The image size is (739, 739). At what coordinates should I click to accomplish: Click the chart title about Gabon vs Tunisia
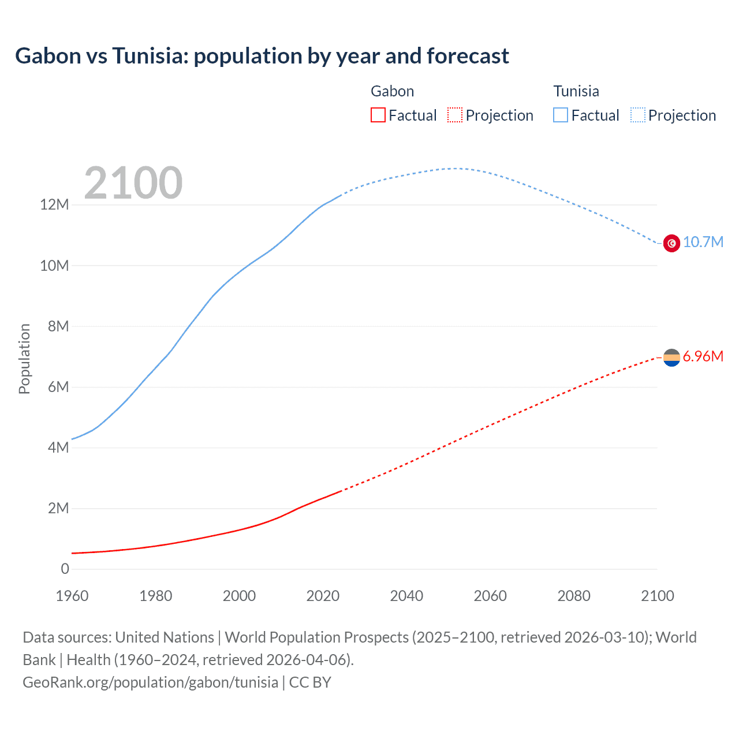click(x=262, y=56)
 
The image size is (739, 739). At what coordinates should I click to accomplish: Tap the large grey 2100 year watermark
click(x=133, y=183)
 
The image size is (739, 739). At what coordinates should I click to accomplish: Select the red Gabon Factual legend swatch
click(x=378, y=115)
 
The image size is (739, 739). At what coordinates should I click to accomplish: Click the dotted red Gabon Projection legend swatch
click(x=455, y=115)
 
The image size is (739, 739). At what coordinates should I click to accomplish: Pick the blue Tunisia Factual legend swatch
click(x=560, y=115)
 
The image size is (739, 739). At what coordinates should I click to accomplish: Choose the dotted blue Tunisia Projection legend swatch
click(x=637, y=115)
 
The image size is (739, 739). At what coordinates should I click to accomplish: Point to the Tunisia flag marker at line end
click(x=671, y=243)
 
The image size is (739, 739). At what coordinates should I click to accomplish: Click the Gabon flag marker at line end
click(x=671, y=358)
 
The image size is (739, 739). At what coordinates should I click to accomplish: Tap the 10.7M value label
click(x=703, y=242)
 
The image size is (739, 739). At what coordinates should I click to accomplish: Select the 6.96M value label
click(x=703, y=356)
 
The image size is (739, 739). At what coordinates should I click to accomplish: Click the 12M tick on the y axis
click(x=54, y=204)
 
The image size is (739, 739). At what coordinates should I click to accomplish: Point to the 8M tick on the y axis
click(x=58, y=326)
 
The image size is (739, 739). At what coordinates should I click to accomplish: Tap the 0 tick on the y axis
click(x=65, y=569)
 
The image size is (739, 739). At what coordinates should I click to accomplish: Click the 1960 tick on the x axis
click(x=72, y=596)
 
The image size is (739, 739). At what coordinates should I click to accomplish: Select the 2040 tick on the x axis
click(x=406, y=596)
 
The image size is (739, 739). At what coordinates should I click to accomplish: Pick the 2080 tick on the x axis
click(x=574, y=596)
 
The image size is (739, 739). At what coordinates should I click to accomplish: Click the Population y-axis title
click(x=24, y=359)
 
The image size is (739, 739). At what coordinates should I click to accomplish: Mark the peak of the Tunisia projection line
click(x=456, y=169)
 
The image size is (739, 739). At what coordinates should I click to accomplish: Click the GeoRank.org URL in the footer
click(x=150, y=682)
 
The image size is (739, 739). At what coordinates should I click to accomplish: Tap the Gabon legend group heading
click(x=392, y=91)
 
